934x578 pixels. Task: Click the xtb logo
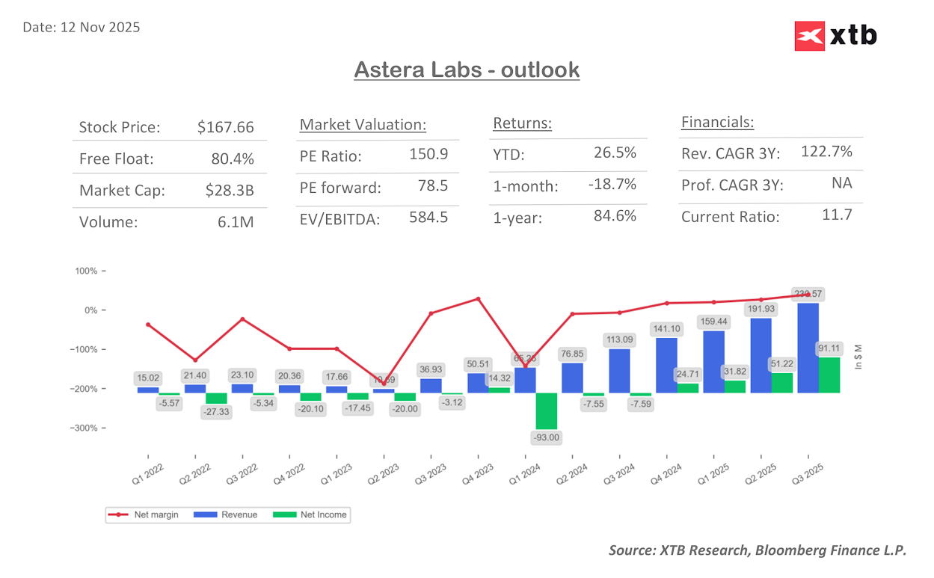(x=835, y=35)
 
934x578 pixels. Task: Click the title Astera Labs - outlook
(x=467, y=70)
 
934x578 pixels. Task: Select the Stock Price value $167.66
(x=226, y=127)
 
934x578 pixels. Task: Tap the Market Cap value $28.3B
(x=230, y=191)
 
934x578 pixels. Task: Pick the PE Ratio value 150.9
(x=428, y=155)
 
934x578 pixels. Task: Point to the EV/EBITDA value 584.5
(x=428, y=218)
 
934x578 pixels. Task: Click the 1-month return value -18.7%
(x=612, y=185)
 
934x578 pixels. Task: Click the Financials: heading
(x=717, y=123)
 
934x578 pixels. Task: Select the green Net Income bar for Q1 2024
(x=547, y=411)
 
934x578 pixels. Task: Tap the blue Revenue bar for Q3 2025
(x=808, y=348)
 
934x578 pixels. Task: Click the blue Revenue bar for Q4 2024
(x=667, y=365)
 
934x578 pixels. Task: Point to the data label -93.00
(x=546, y=437)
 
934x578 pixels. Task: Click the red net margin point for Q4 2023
(x=478, y=299)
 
